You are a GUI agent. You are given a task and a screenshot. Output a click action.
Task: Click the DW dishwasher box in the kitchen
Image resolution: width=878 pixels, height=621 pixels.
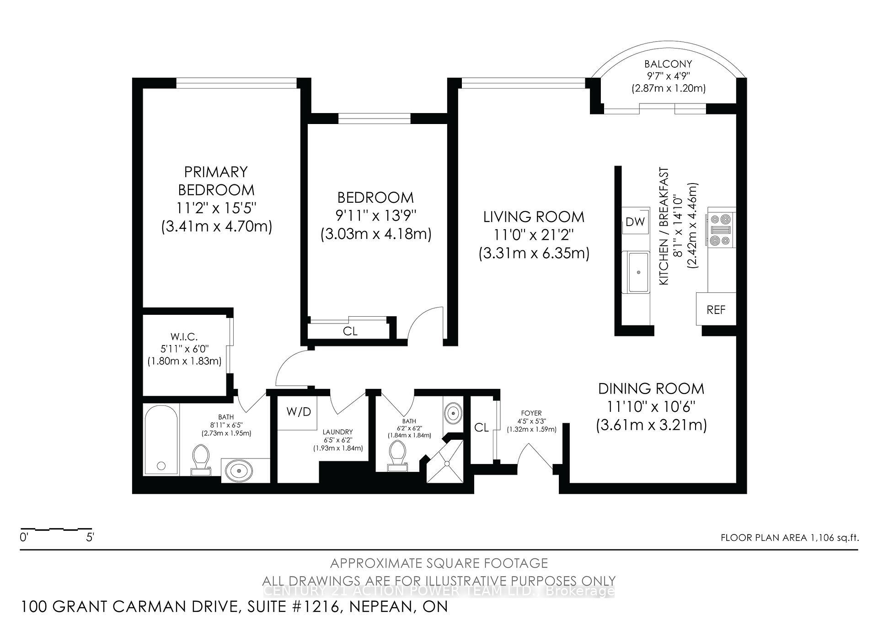click(635, 222)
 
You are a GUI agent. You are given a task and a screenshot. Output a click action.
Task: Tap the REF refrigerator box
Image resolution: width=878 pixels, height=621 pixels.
click(716, 310)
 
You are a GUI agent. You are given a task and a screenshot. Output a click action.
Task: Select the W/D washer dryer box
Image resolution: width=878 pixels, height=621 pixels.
click(298, 412)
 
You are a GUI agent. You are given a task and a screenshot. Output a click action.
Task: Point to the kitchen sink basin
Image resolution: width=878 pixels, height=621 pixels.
click(638, 272)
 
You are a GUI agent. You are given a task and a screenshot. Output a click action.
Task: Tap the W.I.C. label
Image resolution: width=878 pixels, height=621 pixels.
click(184, 337)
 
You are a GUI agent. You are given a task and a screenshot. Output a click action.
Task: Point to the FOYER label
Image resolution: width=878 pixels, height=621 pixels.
click(531, 413)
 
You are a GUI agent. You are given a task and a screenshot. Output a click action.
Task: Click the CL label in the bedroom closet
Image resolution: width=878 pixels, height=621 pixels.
click(350, 331)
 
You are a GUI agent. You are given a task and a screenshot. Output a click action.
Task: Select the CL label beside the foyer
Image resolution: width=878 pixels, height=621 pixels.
click(481, 428)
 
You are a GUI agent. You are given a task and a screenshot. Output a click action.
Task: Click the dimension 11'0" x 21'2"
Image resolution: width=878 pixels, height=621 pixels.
click(533, 235)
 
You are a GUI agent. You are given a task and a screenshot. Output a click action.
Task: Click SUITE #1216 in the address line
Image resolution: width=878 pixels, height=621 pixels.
click(293, 607)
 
